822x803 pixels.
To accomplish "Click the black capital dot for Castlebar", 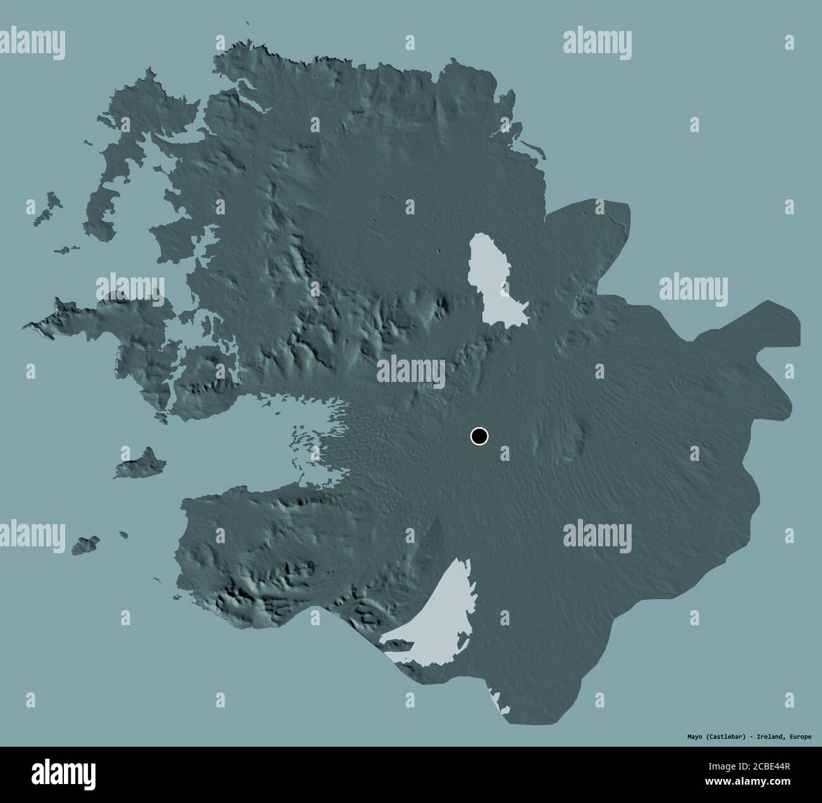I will pyautogui.click(x=480, y=436).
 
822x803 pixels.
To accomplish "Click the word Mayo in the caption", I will pyautogui.click(x=696, y=737).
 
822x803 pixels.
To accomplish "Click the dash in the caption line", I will pyautogui.click(x=751, y=737).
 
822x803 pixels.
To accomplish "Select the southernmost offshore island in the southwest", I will pyautogui.click(x=85, y=544).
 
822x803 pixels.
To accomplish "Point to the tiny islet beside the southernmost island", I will pyautogui.click(x=123, y=535).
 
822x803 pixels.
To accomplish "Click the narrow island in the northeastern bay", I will pyautogui.click(x=534, y=150).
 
